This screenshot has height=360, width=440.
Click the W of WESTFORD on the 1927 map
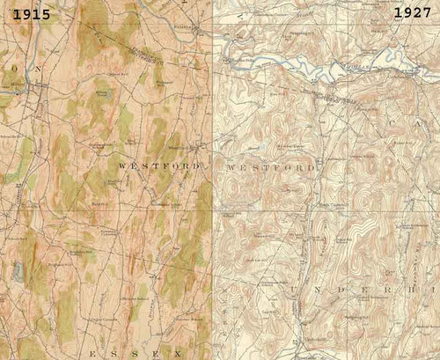pos(233,166)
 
